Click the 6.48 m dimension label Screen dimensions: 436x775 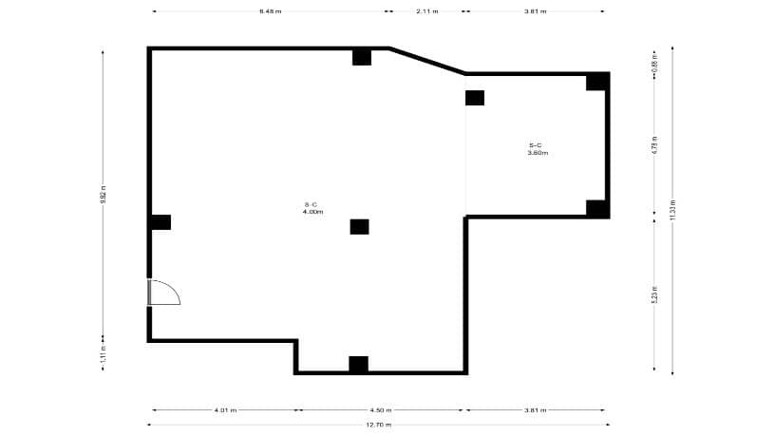[x=270, y=11]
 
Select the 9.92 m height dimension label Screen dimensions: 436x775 [x=103, y=194]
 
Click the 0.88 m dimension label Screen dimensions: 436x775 [x=654, y=67]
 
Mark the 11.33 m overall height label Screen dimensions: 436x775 [x=672, y=210]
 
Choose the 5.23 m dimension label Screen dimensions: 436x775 [x=654, y=294]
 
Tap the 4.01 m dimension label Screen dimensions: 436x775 [x=225, y=410]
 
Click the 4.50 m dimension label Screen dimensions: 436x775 [x=380, y=410]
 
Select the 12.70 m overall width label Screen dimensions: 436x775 [x=379, y=425]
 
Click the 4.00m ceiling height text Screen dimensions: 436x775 [x=313, y=212]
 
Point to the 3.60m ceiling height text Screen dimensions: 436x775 [x=538, y=152]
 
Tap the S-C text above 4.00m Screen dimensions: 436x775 [x=311, y=204]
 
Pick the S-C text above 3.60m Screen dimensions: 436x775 [x=536, y=144]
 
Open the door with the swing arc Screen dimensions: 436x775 [x=162, y=292]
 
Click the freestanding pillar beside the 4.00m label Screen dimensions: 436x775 [x=359, y=226]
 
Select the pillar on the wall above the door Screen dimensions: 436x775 [x=161, y=222]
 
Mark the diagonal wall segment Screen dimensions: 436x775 [x=427, y=60]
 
